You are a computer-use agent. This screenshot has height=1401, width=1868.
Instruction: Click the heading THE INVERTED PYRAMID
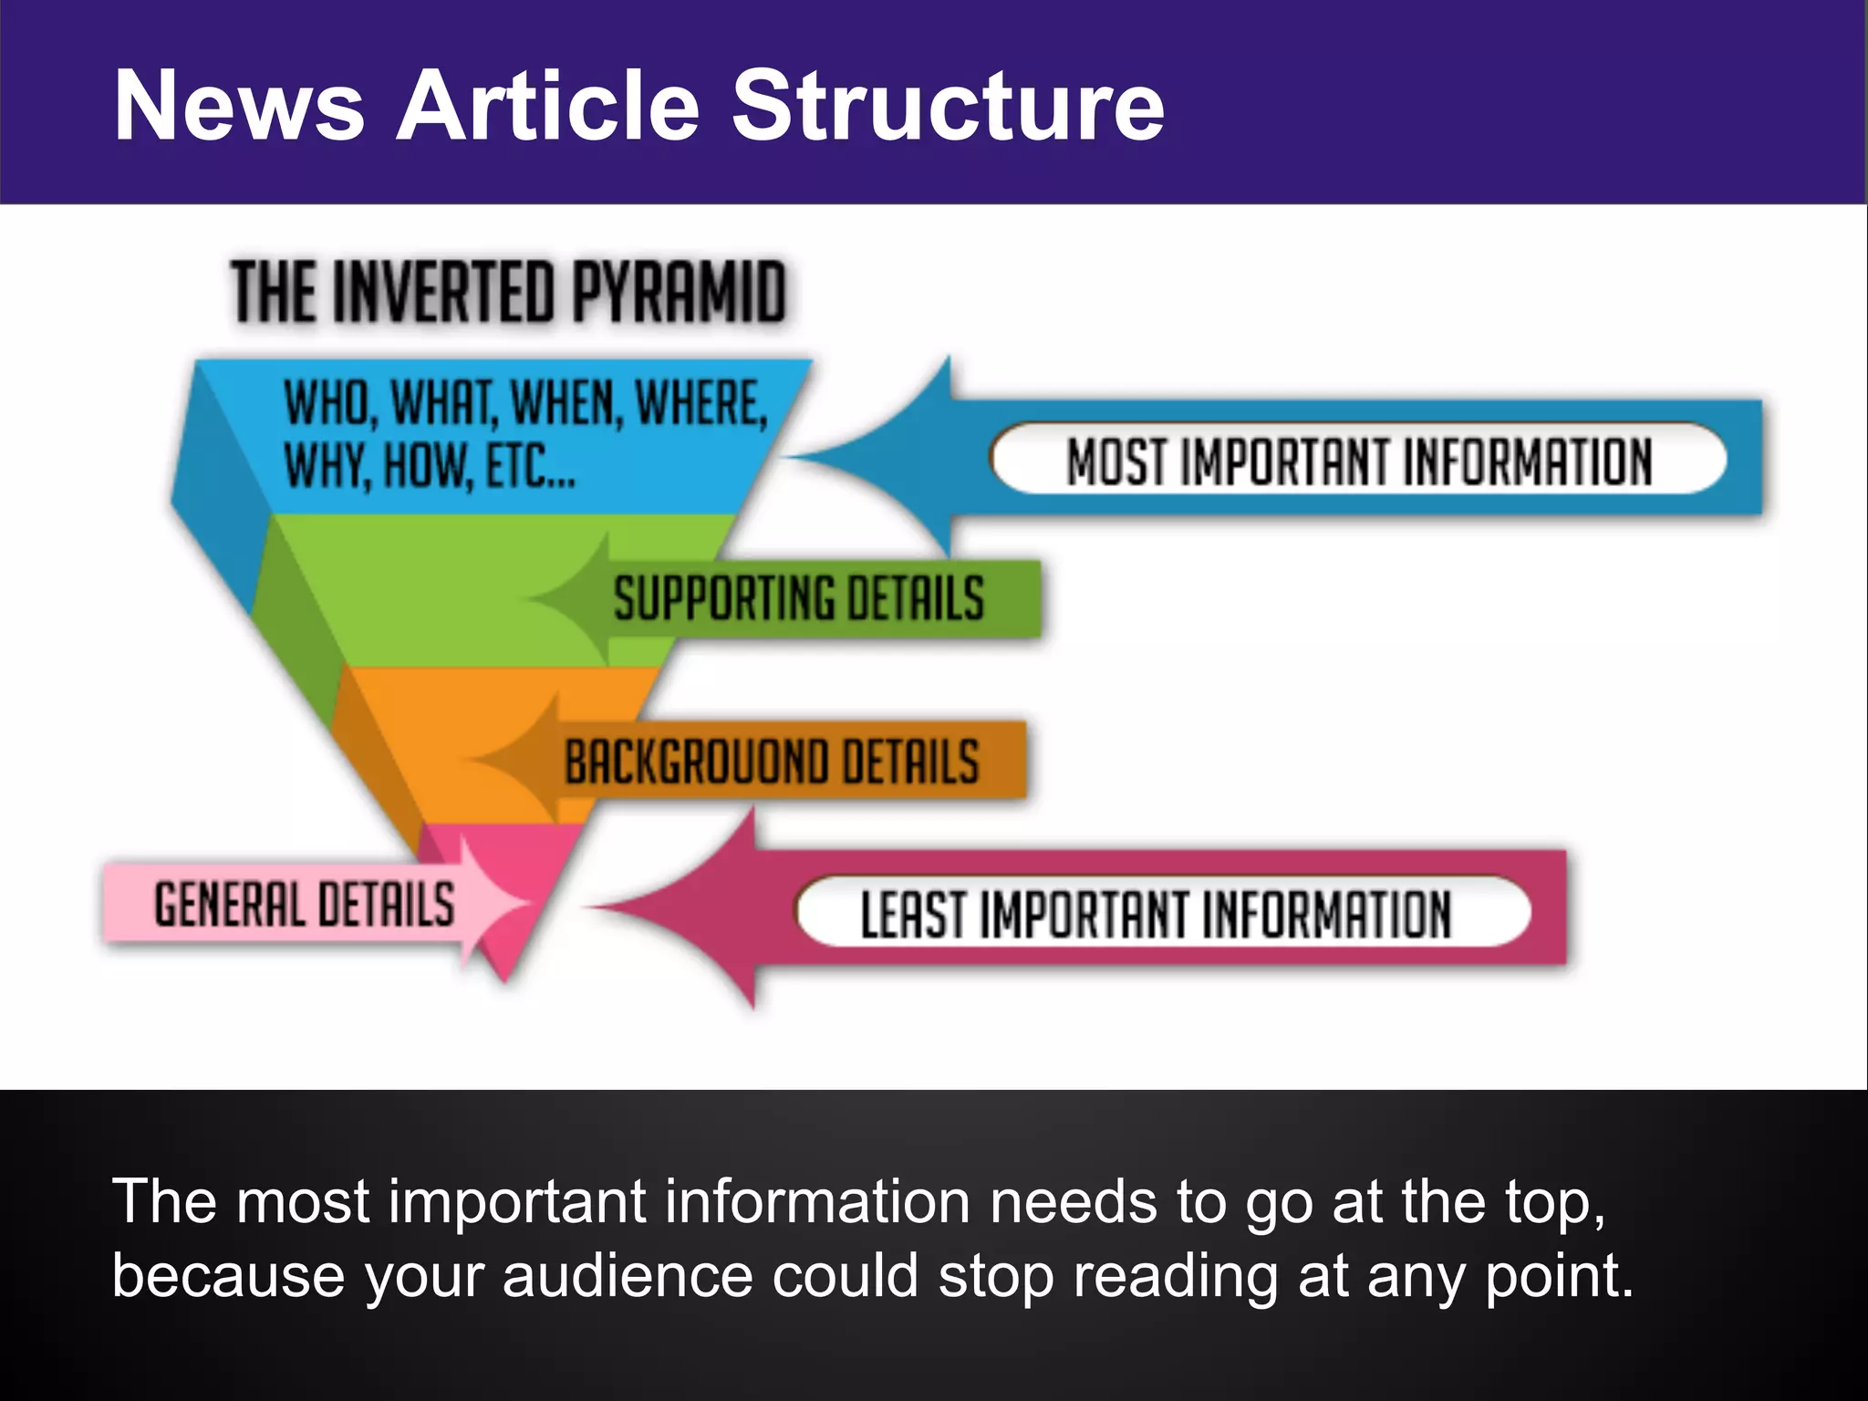click(507, 292)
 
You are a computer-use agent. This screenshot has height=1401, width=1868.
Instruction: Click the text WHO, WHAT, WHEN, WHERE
click(525, 403)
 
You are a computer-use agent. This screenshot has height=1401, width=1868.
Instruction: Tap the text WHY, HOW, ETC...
click(429, 465)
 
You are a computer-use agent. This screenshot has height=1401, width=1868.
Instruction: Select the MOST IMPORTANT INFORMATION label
click(1358, 460)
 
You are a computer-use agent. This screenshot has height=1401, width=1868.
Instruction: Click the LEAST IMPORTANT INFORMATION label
click(1155, 914)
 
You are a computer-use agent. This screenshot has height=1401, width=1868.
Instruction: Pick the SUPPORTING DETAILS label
click(798, 598)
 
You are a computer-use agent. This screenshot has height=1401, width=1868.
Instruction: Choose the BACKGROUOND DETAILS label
click(772, 762)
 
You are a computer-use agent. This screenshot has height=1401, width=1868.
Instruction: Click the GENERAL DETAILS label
click(304, 904)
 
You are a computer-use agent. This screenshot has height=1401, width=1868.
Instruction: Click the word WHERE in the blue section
click(700, 403)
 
